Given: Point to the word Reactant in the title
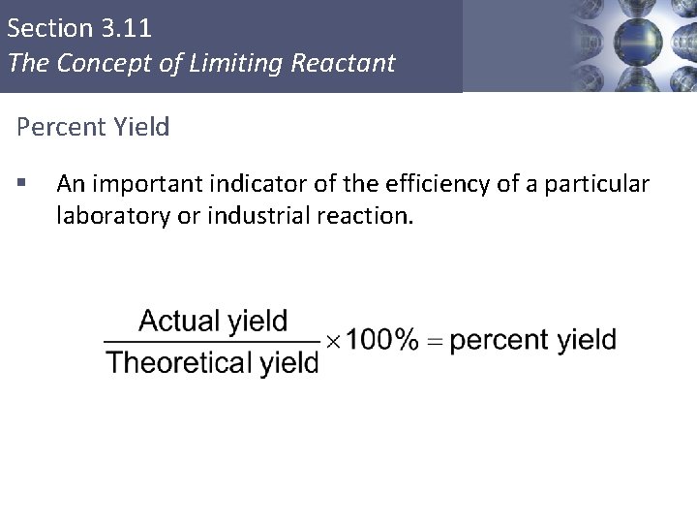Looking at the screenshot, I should click(351, 64).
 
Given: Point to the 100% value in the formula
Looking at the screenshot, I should click(382, 340).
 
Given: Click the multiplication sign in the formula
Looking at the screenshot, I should click(332, 341).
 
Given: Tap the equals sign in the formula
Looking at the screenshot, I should click(434, 341).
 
